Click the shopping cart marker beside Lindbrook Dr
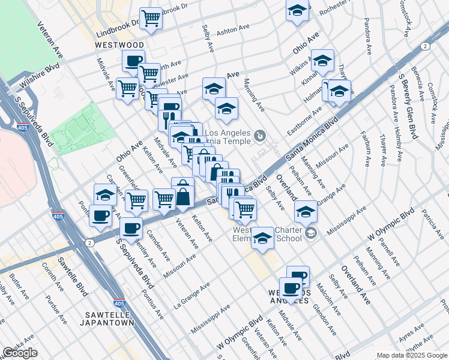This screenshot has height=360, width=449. pyautogui.click(x=151, y=18)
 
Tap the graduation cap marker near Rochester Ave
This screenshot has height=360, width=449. pyautogui.click(x=297, y=11)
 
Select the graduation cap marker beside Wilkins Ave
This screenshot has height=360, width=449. pyautogui.click(x=322, y=60)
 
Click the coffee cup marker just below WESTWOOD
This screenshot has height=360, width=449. pyautogui.click(x=133, y=61)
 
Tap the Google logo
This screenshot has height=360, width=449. pyautogui.click(x=20, y=353)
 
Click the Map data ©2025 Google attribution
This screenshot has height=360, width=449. pyautogui.click(x=412, y=355)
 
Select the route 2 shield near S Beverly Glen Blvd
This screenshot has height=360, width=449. pyautogui.click(x=425, y=46)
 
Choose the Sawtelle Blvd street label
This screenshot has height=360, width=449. pyautogui.click(x=73, y=276)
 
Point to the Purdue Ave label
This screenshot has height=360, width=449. pyautogui.click(x=58, y=307)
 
